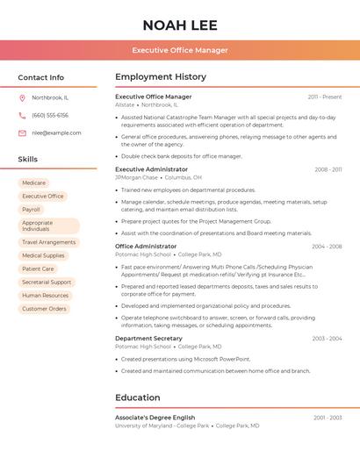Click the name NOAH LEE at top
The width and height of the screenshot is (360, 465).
pos(180,25)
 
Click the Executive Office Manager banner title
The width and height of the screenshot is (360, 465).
pos(180,50)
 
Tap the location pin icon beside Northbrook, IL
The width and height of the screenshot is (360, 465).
pos(22,97)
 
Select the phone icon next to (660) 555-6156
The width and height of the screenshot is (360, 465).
pos(22,115)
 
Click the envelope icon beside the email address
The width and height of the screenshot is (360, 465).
pos(22,132)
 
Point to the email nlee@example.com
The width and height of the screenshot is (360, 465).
pos(56,132)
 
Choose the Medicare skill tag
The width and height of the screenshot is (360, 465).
pos(33,182)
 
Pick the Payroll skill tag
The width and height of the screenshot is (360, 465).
pos(32,210)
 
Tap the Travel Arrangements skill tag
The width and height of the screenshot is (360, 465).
pos(48,242)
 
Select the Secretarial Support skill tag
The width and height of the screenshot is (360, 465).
pos(47,282)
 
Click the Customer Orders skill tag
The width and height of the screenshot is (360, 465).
pos(44,309)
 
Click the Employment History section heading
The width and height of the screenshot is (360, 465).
pos(161,77)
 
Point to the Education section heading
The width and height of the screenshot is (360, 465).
pos(138,397)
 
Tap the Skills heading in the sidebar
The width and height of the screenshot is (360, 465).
pos(28,159)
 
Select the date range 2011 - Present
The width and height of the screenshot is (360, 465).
pos(325,97)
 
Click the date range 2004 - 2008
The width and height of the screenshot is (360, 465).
pos(326,247)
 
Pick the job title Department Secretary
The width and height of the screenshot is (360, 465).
pos(148,338)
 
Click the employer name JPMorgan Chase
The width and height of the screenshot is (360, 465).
pos(136,177)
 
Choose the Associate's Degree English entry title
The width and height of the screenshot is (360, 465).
pos(155,418)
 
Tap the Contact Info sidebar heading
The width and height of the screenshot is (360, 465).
pos(41,77)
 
